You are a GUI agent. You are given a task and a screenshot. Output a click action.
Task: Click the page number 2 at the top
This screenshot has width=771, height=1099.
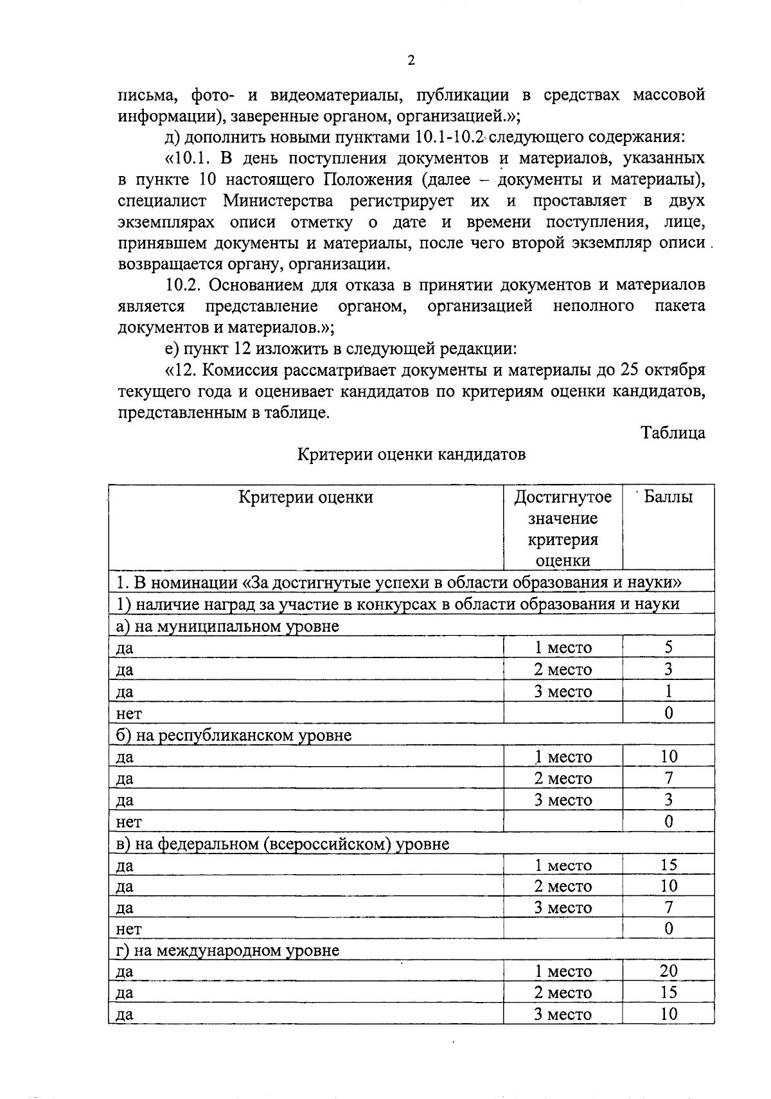411,61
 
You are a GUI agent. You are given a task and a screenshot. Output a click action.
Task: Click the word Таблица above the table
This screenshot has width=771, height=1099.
673,433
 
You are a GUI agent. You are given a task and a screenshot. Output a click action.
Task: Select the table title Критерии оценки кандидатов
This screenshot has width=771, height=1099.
411,455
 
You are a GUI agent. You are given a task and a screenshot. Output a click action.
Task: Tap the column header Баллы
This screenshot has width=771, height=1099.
668,497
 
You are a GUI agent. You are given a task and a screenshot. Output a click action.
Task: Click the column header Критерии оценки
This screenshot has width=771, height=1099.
306,497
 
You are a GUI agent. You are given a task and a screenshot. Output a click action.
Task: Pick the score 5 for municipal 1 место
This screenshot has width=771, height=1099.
668,648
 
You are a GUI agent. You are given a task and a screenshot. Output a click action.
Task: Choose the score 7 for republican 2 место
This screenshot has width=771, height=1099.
668,778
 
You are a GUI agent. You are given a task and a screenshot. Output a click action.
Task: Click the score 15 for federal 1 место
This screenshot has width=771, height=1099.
668,865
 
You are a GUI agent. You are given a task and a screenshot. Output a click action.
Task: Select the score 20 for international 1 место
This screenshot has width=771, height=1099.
668,971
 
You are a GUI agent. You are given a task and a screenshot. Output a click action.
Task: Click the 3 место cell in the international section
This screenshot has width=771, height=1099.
563,1015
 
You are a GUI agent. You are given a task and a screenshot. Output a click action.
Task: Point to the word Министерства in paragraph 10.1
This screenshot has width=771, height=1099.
278,201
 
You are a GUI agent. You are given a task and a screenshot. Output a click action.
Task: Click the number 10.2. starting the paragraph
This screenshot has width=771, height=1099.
184,285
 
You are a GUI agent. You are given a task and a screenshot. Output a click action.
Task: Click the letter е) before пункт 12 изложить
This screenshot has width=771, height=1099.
171,349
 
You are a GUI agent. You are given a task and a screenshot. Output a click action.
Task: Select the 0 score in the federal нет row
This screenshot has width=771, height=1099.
668,929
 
